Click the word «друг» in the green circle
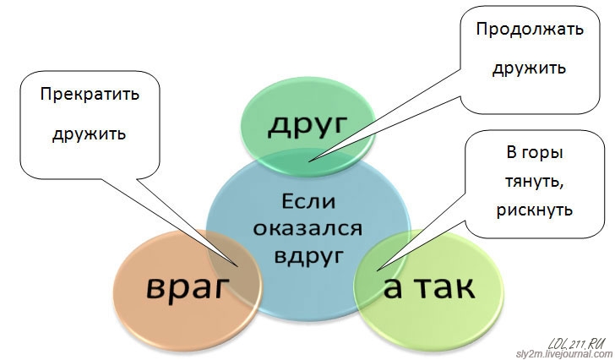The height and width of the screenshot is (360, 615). (308, 125)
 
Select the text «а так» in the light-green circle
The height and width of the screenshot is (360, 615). (429, 288)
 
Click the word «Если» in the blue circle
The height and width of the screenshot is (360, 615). (308, 202)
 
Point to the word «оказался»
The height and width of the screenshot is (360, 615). (307, 229)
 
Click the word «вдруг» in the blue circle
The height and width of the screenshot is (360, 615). (308, 256)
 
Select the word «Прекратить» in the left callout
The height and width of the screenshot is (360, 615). (90, 95)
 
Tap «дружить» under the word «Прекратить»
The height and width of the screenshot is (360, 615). (90, 134)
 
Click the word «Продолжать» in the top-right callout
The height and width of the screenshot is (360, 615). (530, 30)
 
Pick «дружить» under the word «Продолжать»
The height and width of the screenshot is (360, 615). (530, 68)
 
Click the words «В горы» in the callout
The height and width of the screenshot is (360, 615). (535, 152)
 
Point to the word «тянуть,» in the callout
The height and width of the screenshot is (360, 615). (534, 182)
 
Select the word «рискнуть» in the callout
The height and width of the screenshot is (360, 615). (535, 210)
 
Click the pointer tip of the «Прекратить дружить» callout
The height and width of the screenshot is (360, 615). (238, 267)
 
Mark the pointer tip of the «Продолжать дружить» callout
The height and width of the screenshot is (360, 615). (308, 161)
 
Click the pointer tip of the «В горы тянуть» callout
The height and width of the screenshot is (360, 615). (377, 270)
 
